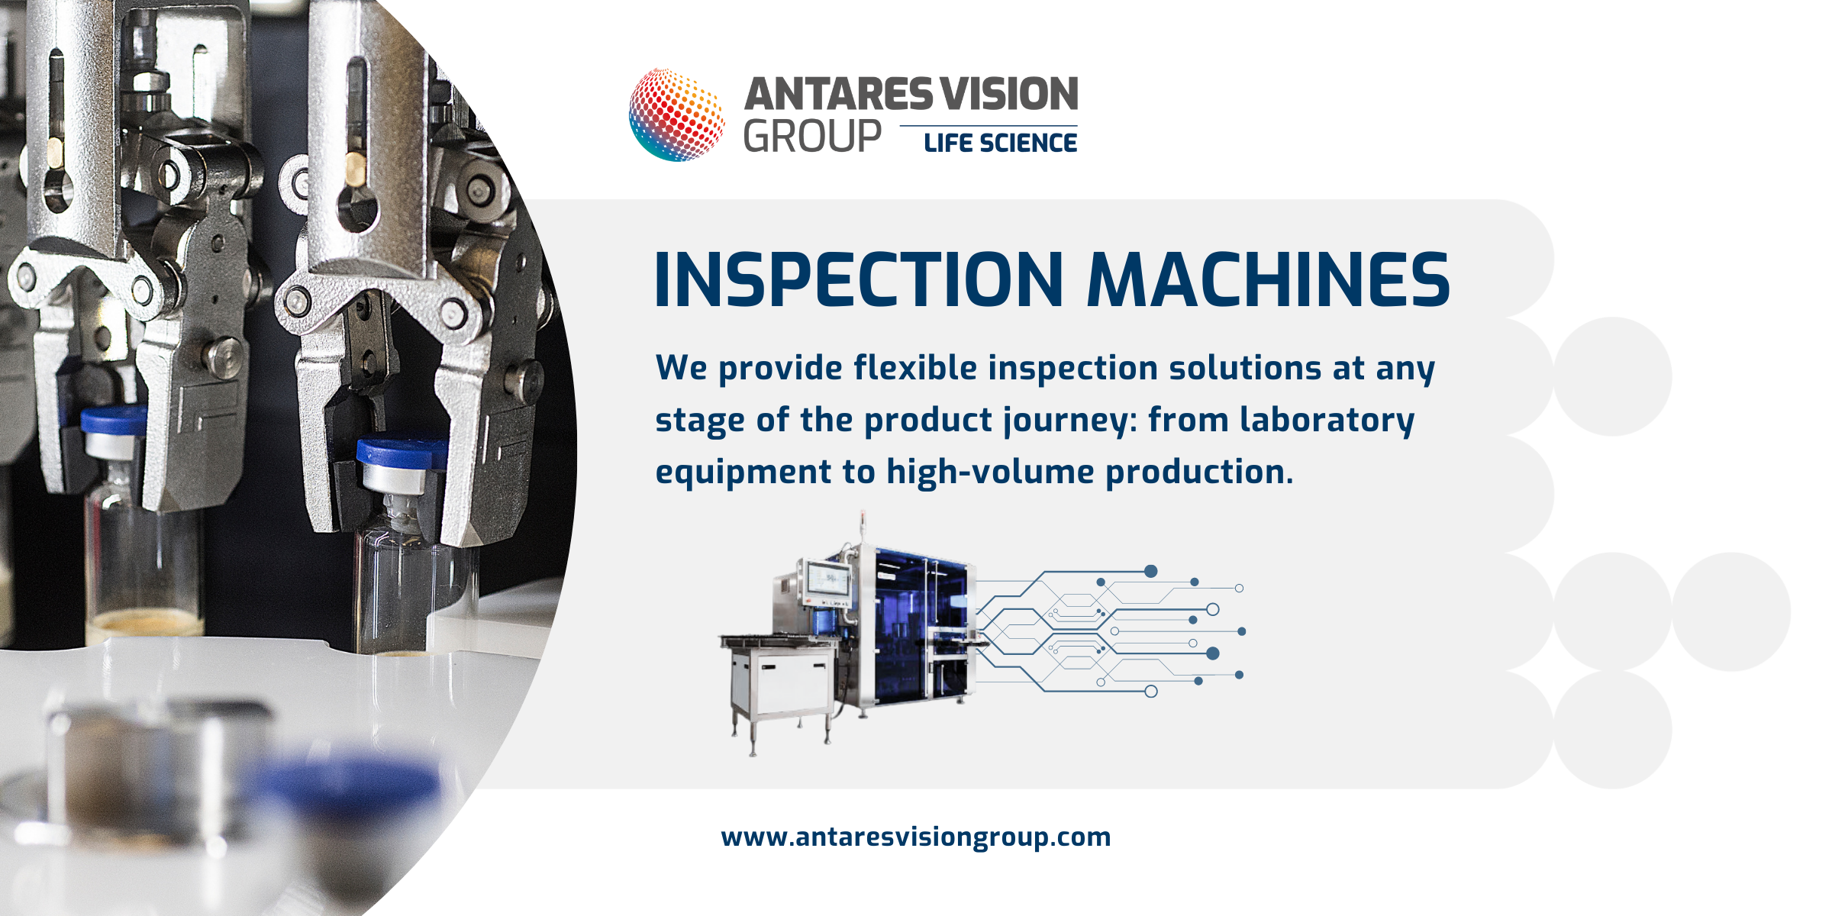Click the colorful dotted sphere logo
[676, 114]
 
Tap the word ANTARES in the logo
[839, 95]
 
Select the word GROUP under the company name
[812, 137]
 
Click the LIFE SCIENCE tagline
[1000, 143]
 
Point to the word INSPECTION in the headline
[859, 280]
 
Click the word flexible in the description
[915, 368]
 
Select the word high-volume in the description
[990, 472]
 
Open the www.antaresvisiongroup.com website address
[916, 837]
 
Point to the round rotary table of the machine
[779, 640]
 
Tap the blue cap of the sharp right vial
[402, 452]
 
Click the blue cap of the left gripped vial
[114, 421]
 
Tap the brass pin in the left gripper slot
[56, 152]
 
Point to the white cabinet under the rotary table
[780, 682]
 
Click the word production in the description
[1200, 473]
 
